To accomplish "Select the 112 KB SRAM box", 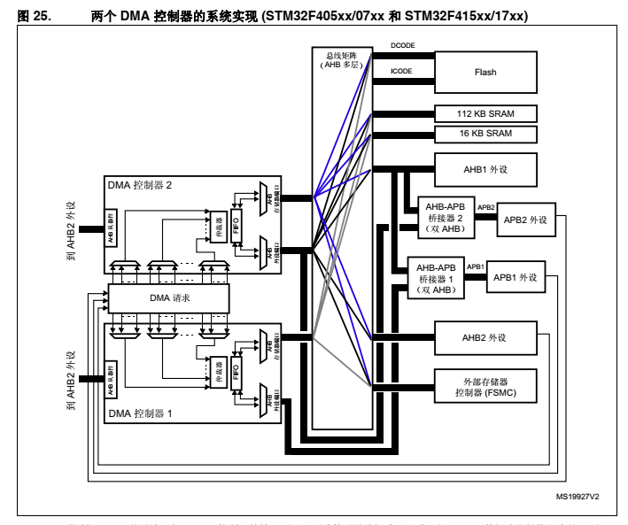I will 485,114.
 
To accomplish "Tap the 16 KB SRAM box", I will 485,134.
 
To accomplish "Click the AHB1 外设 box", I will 485,169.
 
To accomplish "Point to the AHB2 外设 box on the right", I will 485,338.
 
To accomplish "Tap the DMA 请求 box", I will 168,298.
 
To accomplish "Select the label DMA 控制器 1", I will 141,414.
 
